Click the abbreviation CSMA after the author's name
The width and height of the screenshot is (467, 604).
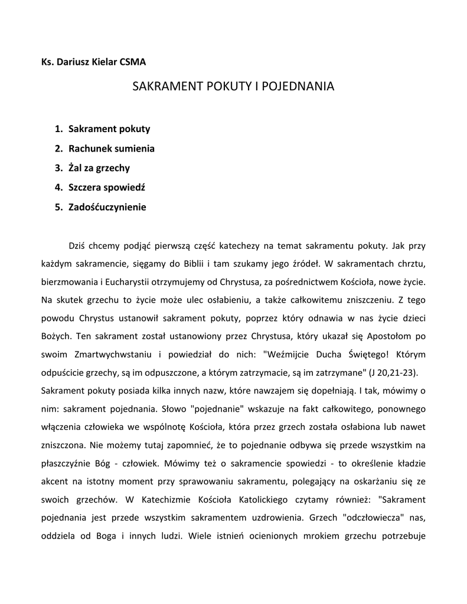(132, 61)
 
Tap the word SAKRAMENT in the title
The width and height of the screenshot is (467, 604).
(166, 87)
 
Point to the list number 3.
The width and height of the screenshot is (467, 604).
(58, 168)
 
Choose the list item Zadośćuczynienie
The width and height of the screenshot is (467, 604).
(107, 207)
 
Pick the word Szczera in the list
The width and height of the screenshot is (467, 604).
(86, 188)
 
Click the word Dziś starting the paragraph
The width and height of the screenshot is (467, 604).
(79, 244)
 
